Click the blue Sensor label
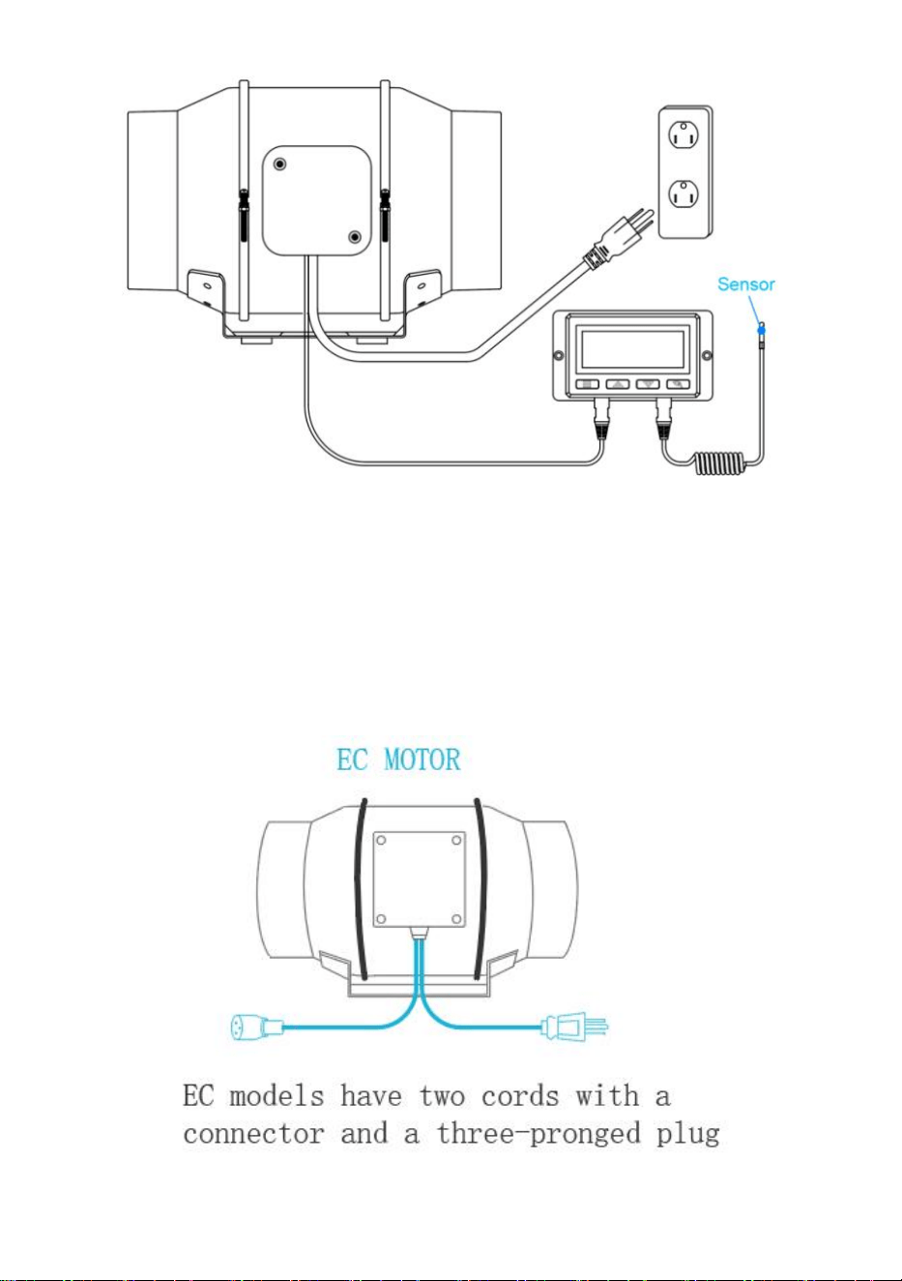pos(746,284)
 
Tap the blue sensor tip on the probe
pos(761,330)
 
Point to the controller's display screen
pos(633,349)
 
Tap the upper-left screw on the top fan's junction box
pos(279,164)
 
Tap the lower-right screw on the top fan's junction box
pos(355,236)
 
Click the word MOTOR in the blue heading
pos(422,760)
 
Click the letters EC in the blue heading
pos(352,760)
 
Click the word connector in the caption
pos(253,1134)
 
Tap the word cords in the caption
pos(519,1095)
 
